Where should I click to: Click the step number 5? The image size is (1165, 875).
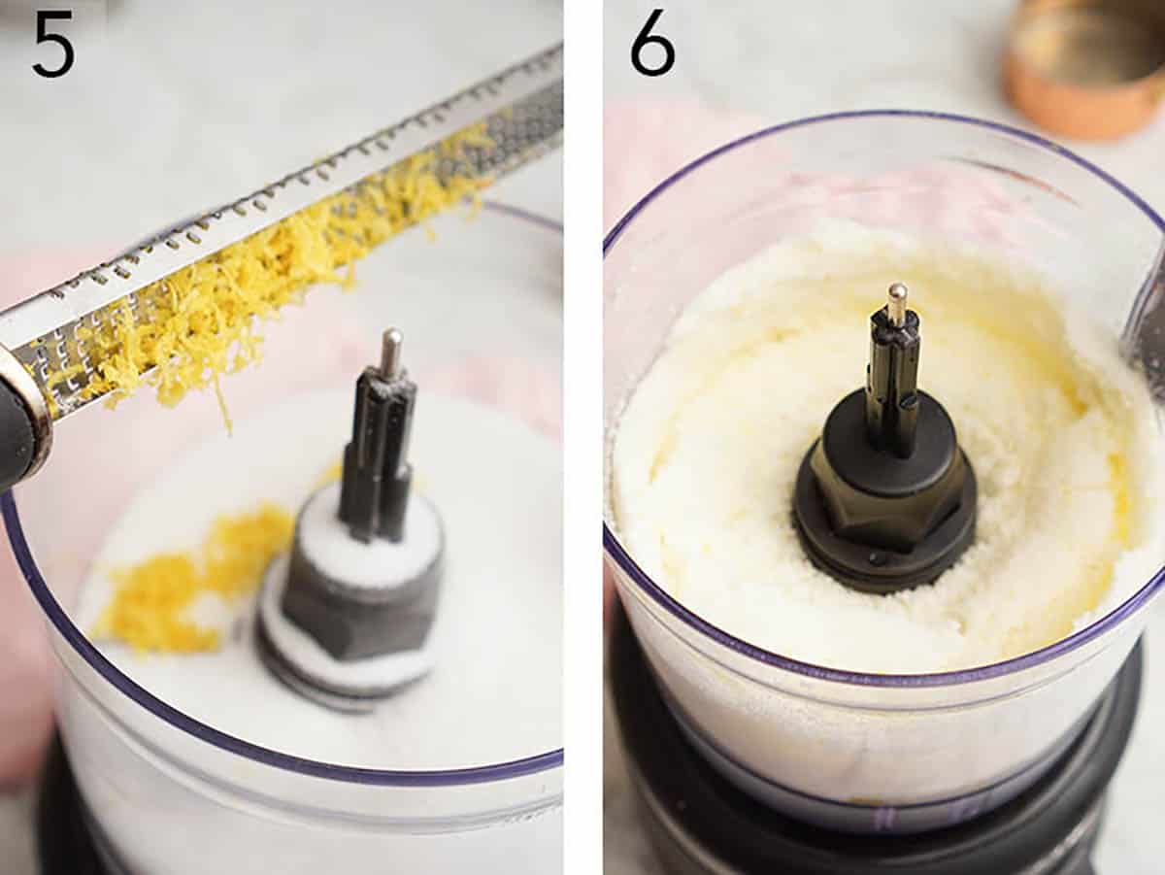point(52,43)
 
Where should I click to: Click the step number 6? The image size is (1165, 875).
point(652,43)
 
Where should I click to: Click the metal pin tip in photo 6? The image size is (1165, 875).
point(897,301)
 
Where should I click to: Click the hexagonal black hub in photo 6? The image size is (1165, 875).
point(883,505)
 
